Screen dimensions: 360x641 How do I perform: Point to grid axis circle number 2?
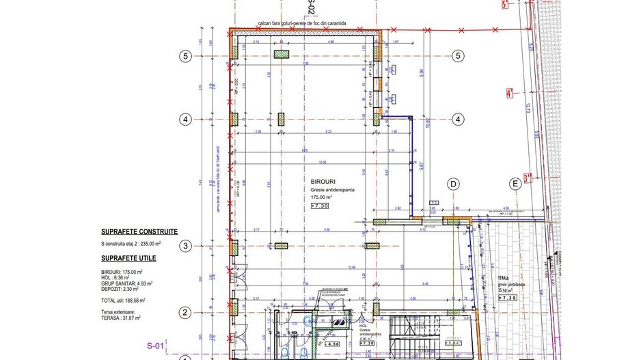184,313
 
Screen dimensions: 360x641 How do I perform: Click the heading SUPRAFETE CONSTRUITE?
139,232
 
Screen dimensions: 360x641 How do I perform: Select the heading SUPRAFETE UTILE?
128,258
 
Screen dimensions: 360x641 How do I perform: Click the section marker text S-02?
311,8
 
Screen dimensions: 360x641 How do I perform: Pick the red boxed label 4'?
509,93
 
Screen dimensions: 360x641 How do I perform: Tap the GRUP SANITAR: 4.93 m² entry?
126,283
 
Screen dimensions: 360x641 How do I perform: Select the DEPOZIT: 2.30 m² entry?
120,290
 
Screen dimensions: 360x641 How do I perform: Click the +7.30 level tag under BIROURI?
320,206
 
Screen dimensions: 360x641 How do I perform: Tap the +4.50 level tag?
313,344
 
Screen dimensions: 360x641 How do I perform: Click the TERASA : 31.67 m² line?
121,317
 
